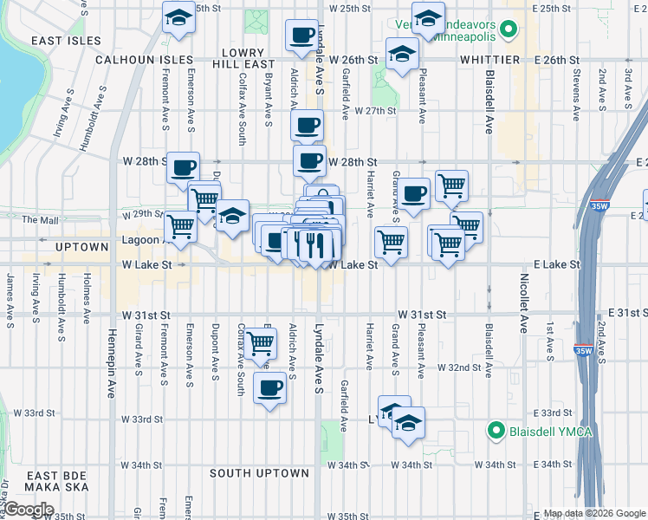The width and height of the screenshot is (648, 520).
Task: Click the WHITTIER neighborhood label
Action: point(489,60)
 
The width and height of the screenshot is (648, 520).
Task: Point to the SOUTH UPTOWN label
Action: point(259,473)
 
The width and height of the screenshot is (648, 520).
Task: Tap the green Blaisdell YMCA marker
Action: point(496,429)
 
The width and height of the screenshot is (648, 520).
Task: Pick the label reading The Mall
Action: point(40,220)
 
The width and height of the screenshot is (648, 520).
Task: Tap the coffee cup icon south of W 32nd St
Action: point(269,386)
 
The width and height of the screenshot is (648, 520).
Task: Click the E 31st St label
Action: point(626,312)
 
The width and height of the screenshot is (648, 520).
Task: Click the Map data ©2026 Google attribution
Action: point(593,513)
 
